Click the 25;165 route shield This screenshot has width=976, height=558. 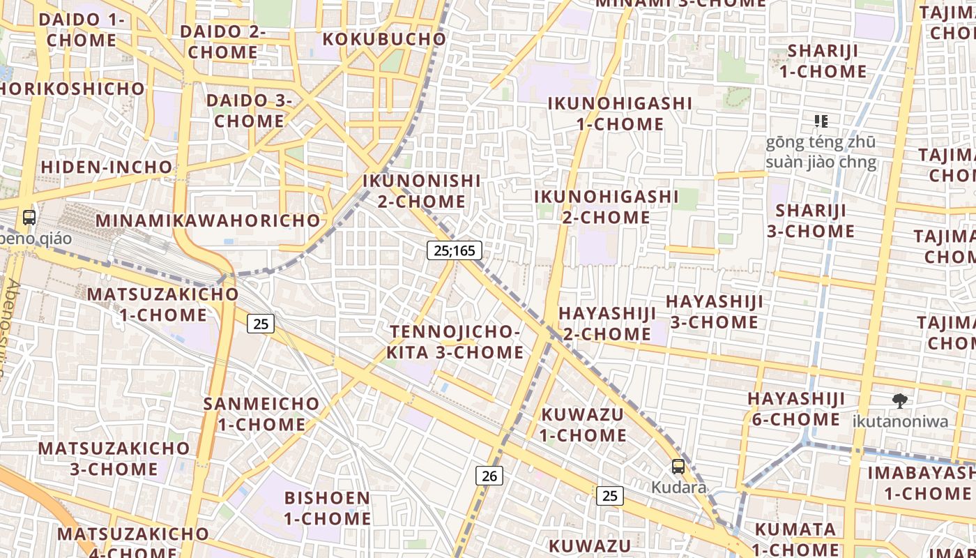coord(455,250)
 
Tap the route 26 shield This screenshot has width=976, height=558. coord(489,476)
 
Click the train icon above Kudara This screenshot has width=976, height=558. coord(678,467)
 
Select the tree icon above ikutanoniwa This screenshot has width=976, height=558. coord(900,400)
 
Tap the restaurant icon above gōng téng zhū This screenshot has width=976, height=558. coord(821,121)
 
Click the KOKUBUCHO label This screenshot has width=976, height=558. coord(384,39)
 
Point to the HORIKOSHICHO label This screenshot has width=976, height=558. coord(73,89)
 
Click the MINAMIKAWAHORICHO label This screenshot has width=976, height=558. coord(208,220)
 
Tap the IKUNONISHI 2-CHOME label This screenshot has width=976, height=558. coord(422,191)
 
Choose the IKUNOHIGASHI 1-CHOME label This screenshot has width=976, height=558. coord(620,114)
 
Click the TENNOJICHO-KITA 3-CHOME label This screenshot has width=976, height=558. coord(455,342)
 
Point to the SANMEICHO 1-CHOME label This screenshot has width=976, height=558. coord(261,414)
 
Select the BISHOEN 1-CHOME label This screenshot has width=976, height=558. coord(327,508)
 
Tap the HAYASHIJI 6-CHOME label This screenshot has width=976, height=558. coord(796,409)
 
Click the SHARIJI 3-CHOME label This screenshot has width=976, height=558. coord(811,220)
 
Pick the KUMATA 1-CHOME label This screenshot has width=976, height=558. coord(795,538)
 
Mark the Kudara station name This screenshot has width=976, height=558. coord(678,487)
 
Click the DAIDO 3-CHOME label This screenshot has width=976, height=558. coord(249,110)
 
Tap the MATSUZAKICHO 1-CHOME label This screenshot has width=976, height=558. coord(162,304)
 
